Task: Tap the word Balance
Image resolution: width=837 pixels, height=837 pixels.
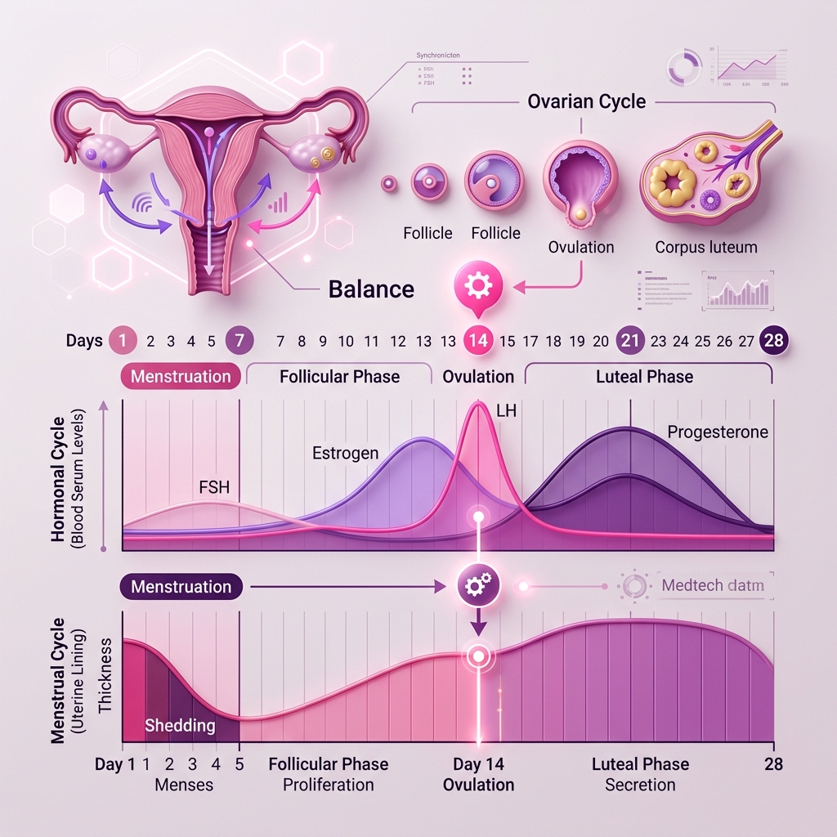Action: [x=371, y=289]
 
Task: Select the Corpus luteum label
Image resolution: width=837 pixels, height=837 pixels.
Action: [x=706, y=247]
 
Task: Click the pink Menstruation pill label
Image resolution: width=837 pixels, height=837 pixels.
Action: [x=181, y=376]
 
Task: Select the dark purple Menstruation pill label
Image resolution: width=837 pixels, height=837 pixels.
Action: [x=181, y=586]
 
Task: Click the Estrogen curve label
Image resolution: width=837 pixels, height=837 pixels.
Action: [x=345, y=452]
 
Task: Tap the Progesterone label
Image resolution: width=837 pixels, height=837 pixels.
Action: [x=718, y=432]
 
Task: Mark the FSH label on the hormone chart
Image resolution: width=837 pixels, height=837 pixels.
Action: [x=214, y=488]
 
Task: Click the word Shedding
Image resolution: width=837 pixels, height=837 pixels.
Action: [x=180, y=725]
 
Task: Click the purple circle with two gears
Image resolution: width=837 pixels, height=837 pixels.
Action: [x=477, y=585]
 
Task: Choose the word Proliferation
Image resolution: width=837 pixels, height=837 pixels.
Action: [x=328, y=785]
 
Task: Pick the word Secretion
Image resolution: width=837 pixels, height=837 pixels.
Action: [x=640, y=785]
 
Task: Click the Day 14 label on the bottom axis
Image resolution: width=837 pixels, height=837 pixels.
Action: [x=478, y=764]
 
